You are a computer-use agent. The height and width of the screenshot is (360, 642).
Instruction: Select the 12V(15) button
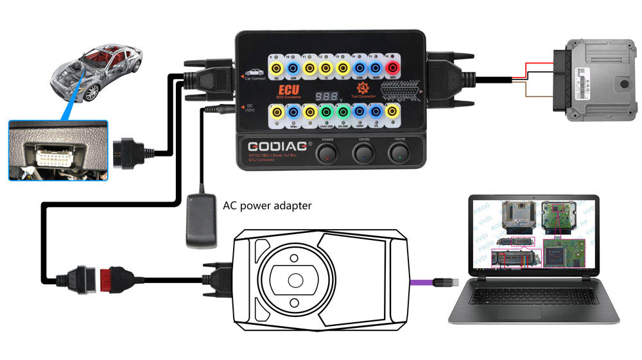click(x=400, y=153)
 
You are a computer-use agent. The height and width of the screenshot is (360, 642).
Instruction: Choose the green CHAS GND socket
click(x=326, y=113)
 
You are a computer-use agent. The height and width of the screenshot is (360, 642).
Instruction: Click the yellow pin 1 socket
click(x=277, y=113)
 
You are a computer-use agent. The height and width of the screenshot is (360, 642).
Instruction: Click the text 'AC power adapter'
click(x=267, y=206)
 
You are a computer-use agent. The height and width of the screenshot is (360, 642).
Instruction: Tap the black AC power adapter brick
click(x=200, y=221)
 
